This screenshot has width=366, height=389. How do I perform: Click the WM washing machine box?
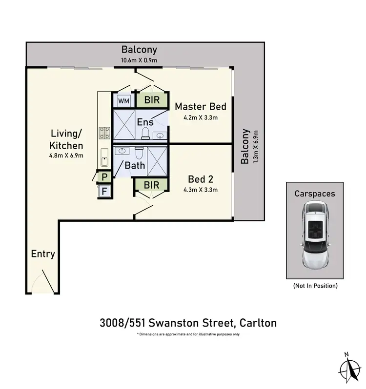(124, 101)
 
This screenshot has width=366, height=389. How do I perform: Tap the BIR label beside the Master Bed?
(151, 100)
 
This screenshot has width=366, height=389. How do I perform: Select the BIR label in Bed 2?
(151, 185)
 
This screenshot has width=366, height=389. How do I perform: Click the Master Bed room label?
(201, 106)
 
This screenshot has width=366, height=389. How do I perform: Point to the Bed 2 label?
(201, 178)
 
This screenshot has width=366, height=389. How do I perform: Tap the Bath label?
(135, 165)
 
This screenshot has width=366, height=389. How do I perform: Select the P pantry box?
(104, 177)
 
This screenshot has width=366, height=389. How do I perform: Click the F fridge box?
(104, 191)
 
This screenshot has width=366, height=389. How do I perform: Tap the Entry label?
(43, 253)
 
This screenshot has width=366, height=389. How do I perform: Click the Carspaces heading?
(315, 194)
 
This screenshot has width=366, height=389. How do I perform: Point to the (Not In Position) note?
(315, 285)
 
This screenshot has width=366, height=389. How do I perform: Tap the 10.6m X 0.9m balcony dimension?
(139, 60)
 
